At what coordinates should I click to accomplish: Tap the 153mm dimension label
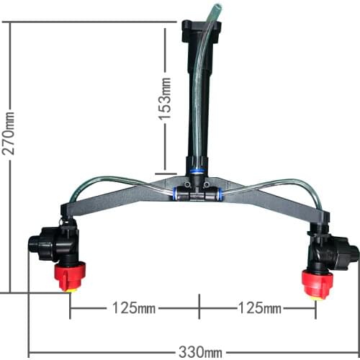166,99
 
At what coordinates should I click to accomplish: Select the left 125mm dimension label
133,308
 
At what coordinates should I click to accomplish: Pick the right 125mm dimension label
260,308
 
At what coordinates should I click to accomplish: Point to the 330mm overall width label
200,352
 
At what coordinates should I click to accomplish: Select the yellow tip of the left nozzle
71,288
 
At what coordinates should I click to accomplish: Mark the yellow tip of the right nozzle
315,293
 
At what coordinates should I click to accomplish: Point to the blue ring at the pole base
197,171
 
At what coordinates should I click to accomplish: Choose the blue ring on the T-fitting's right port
219,193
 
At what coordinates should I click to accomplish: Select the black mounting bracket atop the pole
195,32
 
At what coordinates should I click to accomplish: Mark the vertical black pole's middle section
196,101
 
